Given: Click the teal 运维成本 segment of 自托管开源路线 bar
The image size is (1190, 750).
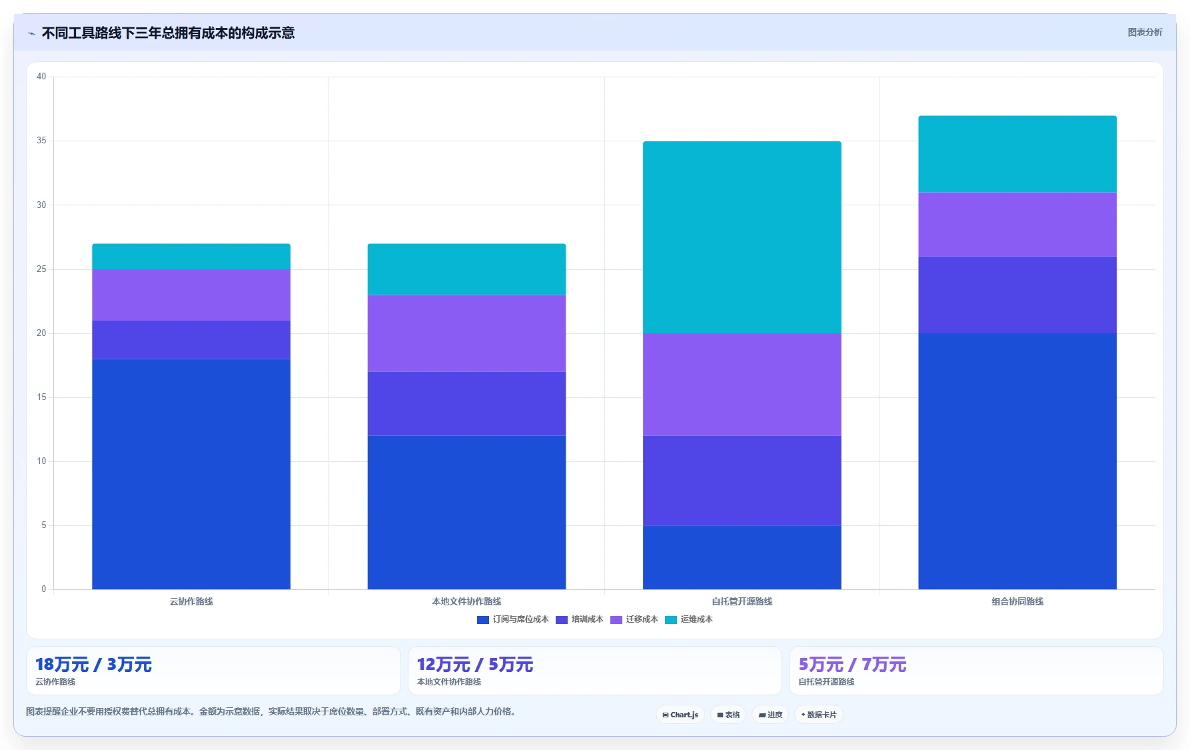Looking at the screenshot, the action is point(742,237).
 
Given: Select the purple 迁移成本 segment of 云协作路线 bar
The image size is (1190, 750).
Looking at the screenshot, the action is point(191,295).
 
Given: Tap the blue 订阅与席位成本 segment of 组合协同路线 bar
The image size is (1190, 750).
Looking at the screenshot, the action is point(1017,461).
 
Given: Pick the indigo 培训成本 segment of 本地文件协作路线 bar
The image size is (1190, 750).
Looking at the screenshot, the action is point(466,404).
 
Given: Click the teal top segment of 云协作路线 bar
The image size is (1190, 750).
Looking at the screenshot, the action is point(191,257).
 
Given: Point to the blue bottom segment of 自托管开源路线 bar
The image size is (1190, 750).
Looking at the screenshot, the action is point(742,557).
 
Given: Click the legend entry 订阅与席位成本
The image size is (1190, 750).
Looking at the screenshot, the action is point(513,619).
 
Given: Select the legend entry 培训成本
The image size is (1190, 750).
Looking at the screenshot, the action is point(580,619).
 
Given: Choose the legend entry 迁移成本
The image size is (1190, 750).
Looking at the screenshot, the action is point(634,619).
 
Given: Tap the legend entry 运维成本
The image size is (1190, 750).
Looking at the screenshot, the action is point(689,619).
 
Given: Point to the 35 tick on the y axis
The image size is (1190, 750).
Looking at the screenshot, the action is point(41,141).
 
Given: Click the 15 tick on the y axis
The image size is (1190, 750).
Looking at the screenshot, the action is point(41,397).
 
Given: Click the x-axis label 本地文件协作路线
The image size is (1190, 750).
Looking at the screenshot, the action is point(466,601).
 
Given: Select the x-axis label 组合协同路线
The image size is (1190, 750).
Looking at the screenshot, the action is point(1017,601).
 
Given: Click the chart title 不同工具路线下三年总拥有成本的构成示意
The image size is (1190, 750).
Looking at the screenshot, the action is point(168,33).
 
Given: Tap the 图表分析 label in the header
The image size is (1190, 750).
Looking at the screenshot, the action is point(1145,32).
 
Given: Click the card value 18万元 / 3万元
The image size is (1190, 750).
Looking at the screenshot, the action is point(93,665).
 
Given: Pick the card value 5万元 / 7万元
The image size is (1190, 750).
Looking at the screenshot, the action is point(852,665).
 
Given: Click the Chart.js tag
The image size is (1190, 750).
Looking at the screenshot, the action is point(680,715).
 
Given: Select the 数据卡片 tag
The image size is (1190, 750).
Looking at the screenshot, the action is point(818,715).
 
